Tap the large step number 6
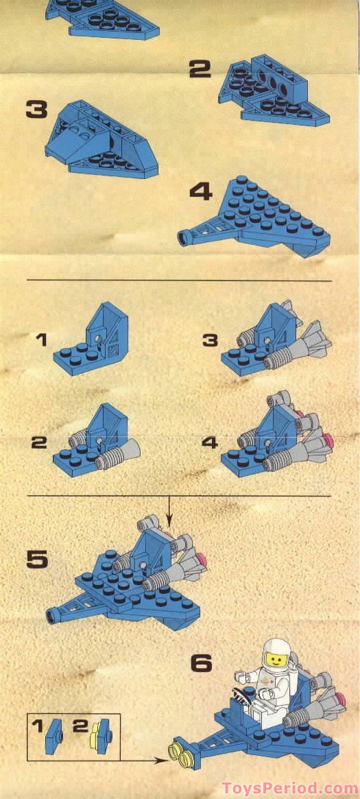point(201,663)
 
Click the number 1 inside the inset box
point(38,725)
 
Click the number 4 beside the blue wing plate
point(201,191)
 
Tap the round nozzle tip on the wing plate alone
point(183,238)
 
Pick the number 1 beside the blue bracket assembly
point(43,339)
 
